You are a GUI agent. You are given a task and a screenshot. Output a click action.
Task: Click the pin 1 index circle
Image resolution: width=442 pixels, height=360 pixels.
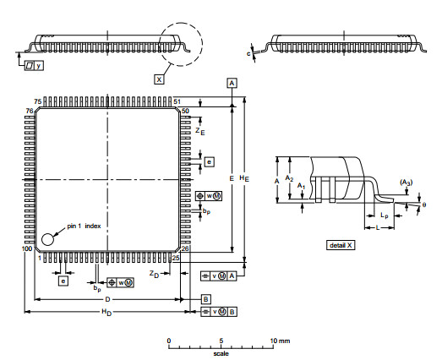[x=47, y=239]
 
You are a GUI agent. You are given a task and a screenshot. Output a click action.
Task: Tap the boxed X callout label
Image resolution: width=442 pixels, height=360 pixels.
[x=159, y=79]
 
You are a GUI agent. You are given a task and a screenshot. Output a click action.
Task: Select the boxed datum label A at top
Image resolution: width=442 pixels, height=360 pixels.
[x=232, y=83]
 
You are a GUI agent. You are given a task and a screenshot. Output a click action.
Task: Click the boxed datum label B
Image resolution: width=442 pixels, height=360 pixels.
[x=205, y=299]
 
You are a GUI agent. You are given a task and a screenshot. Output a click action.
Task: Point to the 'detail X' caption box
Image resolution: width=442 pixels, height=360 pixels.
[x=341, y=245]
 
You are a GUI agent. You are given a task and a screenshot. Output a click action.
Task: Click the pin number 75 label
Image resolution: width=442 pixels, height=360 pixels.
[x=38, y=101]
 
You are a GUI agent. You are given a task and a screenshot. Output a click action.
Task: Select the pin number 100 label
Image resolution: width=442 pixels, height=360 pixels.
[x=27, y=248]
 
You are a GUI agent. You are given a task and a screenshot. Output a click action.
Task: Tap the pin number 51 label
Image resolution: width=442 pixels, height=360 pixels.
[x=177, y=101]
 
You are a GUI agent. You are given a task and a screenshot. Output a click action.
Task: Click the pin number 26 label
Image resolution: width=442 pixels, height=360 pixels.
[x=185, y=248]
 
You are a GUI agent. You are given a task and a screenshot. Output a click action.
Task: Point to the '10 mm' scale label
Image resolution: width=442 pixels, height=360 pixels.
[x=280, y=341]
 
